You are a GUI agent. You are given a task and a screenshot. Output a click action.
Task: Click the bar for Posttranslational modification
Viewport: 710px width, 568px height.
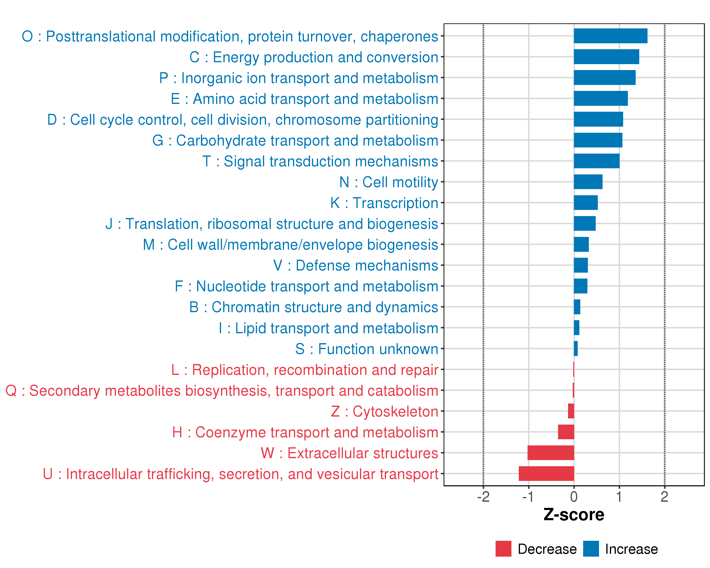click(610, 36)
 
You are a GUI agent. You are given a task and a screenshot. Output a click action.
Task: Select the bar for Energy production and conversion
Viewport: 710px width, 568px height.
click(606, 57)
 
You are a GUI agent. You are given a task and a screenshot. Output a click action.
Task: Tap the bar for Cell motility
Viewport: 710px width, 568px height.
click(588, 182)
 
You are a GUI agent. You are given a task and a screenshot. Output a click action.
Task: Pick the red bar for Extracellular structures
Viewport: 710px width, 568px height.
click(551, 453)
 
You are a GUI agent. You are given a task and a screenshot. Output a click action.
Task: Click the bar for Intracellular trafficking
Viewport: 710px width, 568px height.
click(546, 474)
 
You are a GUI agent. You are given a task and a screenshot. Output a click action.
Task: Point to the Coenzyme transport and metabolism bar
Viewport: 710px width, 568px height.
click(566, 432)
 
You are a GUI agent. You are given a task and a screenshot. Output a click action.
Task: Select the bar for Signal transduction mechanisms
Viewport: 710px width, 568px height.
click(596, 161)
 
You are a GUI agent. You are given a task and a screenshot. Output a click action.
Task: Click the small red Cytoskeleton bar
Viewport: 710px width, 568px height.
click(571, 411)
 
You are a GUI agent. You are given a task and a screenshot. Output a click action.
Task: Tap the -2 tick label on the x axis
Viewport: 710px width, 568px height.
click(483, 497)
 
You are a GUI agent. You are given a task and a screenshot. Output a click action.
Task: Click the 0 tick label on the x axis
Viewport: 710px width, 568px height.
click(574, 497)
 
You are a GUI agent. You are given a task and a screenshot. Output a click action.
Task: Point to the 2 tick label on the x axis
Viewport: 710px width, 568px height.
click(665, 497)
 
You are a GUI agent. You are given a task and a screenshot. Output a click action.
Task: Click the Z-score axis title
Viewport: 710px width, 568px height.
click(574, 515)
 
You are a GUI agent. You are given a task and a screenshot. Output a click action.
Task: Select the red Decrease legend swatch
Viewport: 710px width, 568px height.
click(503, 549)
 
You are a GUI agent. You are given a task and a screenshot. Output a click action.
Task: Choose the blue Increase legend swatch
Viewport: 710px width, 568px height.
click(591, 549)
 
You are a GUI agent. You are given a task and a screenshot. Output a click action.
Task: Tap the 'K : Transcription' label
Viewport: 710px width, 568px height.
click(384, 203)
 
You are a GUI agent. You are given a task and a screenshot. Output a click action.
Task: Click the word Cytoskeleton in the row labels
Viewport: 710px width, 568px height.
click(395, 412)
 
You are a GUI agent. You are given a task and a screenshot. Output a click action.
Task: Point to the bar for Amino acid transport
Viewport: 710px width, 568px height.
click(601, 98)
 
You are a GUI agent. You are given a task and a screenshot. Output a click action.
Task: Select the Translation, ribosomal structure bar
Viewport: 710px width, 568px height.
click(585, 224)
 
